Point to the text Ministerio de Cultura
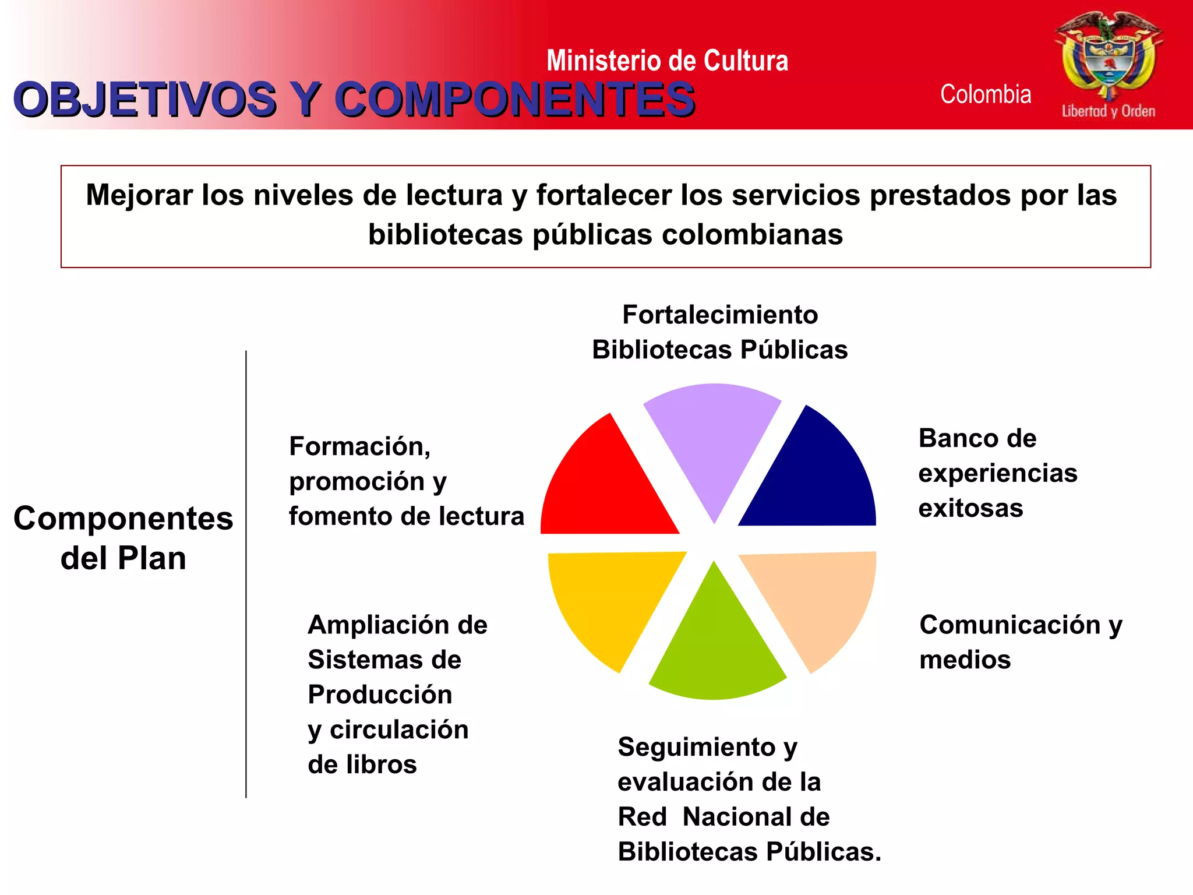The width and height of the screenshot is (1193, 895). (x=667, y=61)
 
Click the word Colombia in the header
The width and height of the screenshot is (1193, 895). (x=986, y=94)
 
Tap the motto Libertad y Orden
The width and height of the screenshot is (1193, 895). (x=1108, y=111)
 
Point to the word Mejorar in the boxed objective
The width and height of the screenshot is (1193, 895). (x=139, y=195)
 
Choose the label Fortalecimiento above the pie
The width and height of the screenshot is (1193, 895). (x=720, y=315)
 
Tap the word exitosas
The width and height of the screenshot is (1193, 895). (x=970, y=508)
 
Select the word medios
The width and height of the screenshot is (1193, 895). (x=965, y=660)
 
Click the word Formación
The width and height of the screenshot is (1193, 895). (x=359, y=446)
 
